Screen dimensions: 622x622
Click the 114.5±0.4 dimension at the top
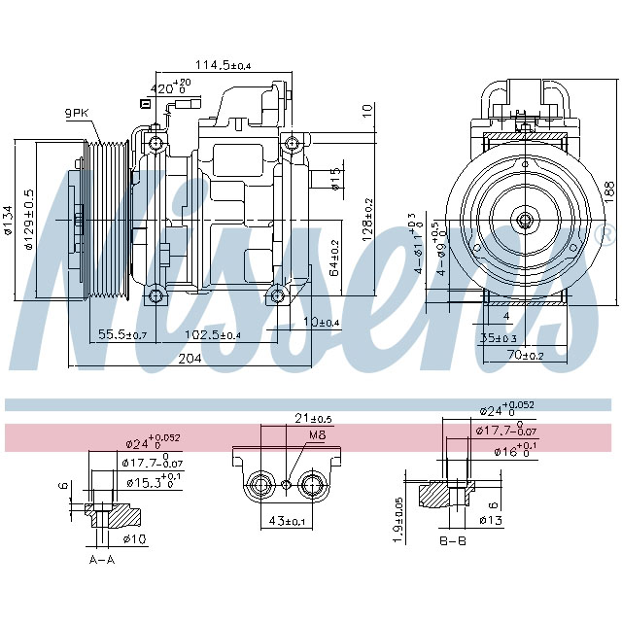coord(224,65)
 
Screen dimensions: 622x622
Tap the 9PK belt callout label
coord(78,114)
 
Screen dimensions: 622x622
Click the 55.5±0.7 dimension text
coord(122,335)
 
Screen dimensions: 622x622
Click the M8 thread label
coord(316,435)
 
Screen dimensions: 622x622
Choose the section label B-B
coord(453,540)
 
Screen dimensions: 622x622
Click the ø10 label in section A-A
coord(135,539)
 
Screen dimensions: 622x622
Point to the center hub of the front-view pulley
coord(524,220)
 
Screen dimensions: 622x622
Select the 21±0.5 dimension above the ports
coord(314,418)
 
